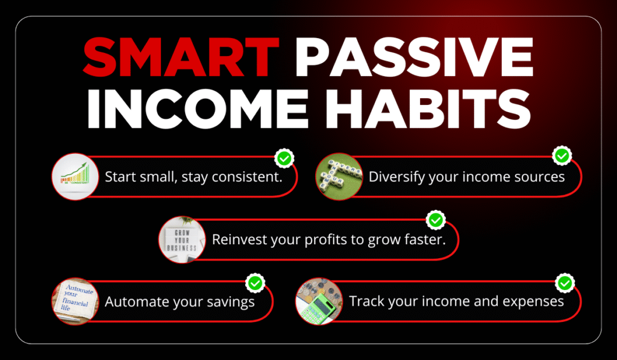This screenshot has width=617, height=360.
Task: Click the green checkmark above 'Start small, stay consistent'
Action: [x=284, y=159]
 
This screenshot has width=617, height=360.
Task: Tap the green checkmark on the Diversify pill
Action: [x=562, y=156]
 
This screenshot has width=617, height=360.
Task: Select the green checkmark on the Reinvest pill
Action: [x=435, y=220]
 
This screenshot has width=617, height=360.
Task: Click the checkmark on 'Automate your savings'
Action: [x=255, y=282]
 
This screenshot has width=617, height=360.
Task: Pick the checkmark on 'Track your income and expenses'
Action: [x=565, y=282]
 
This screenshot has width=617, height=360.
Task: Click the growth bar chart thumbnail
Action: [x=75, y=177]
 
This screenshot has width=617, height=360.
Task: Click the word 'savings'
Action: [x=233, y=302]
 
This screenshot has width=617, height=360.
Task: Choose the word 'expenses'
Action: [x=536, y=301]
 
